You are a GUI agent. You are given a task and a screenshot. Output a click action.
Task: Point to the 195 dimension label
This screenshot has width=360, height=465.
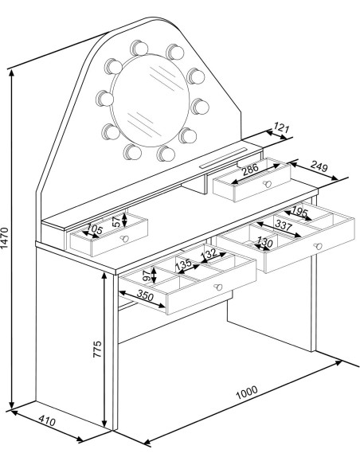click(x=300, y=211)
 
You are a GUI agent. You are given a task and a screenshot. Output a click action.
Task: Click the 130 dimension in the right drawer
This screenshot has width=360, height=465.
click(x=266, y=241)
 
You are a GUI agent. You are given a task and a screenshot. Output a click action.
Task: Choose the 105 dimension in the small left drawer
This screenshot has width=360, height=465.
click(x=95, y=229)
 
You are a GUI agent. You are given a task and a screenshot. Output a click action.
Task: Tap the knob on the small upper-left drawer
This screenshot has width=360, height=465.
click(x=123, y=238)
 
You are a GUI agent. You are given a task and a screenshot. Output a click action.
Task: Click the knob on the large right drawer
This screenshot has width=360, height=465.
click(x=316, y=246)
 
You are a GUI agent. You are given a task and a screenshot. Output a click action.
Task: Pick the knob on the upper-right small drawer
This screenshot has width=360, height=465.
click(x=268, y=184)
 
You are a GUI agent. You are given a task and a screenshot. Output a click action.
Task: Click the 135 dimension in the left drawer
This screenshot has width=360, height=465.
click(x=182, y=264)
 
